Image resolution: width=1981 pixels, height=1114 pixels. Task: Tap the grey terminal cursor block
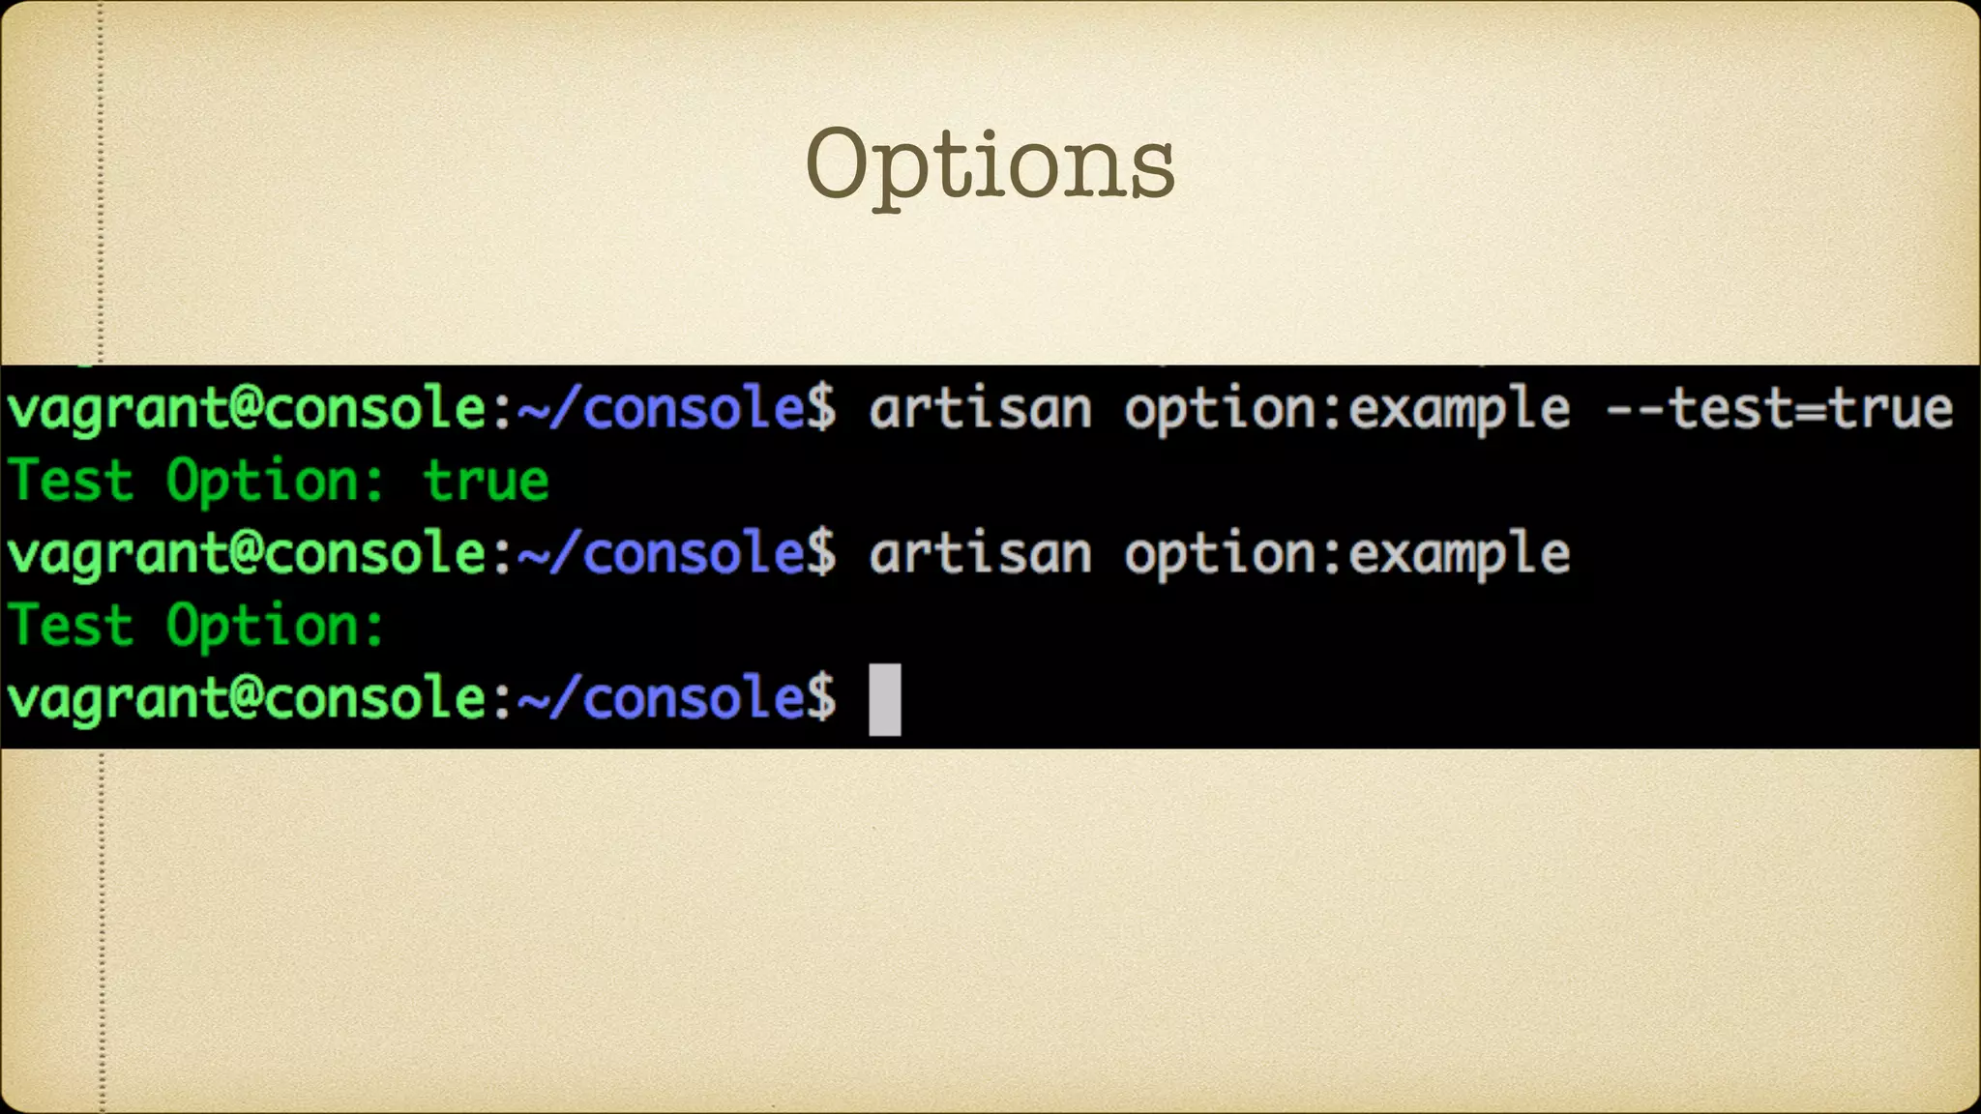coord(884,699)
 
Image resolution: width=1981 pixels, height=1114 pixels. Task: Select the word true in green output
coord(487,481)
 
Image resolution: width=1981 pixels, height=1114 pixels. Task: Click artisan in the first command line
coord(980,408)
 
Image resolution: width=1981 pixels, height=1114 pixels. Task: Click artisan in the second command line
coord(980,553)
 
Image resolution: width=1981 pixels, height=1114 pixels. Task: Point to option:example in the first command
coord(1346,408)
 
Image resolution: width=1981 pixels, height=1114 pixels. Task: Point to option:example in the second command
coord(1346,553)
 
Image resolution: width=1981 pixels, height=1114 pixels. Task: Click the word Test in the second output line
coord(70,481)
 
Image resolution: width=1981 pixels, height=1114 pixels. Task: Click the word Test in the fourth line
coord(70,626)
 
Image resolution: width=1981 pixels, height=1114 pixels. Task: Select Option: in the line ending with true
coord(276,481)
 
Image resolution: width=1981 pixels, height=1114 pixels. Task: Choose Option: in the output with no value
coord(276,626)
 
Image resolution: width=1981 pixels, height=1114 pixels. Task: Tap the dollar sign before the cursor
coord(821,697)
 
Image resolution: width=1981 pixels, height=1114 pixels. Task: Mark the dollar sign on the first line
coord(821,408)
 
